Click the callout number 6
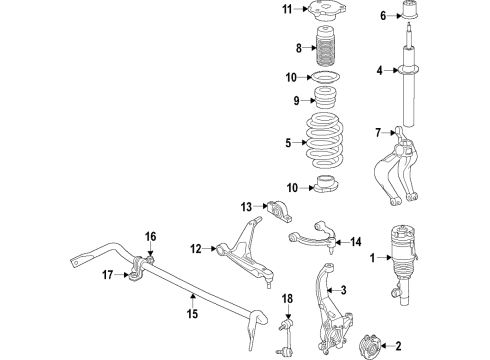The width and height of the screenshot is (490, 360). (x=385, y=16)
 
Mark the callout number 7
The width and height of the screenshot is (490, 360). (x=379, y=132)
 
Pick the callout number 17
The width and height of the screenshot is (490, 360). (x=108, y=274)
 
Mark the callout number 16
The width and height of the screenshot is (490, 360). (x=151, y=236)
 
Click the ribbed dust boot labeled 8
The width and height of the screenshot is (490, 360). (x=325, y=48)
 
